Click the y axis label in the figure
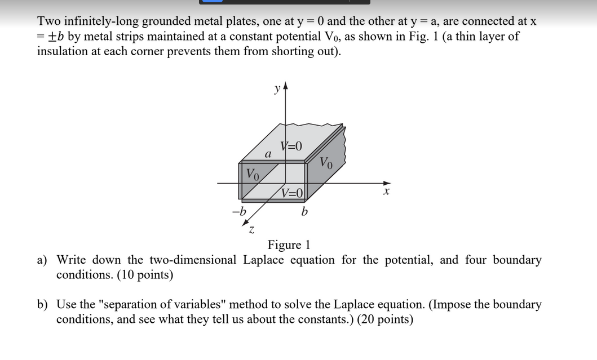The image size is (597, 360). (x=276, y=88)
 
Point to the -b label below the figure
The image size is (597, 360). (x=240, y=212)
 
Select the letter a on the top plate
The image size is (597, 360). (x=269, y=153)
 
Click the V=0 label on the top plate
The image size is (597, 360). (x=291, y=146)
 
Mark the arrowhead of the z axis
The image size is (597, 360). (x=247, y=223)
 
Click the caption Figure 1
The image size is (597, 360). (x=289, y=245)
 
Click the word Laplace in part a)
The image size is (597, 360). (x=267, y=260)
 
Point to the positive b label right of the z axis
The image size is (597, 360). (x=304, y=212)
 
